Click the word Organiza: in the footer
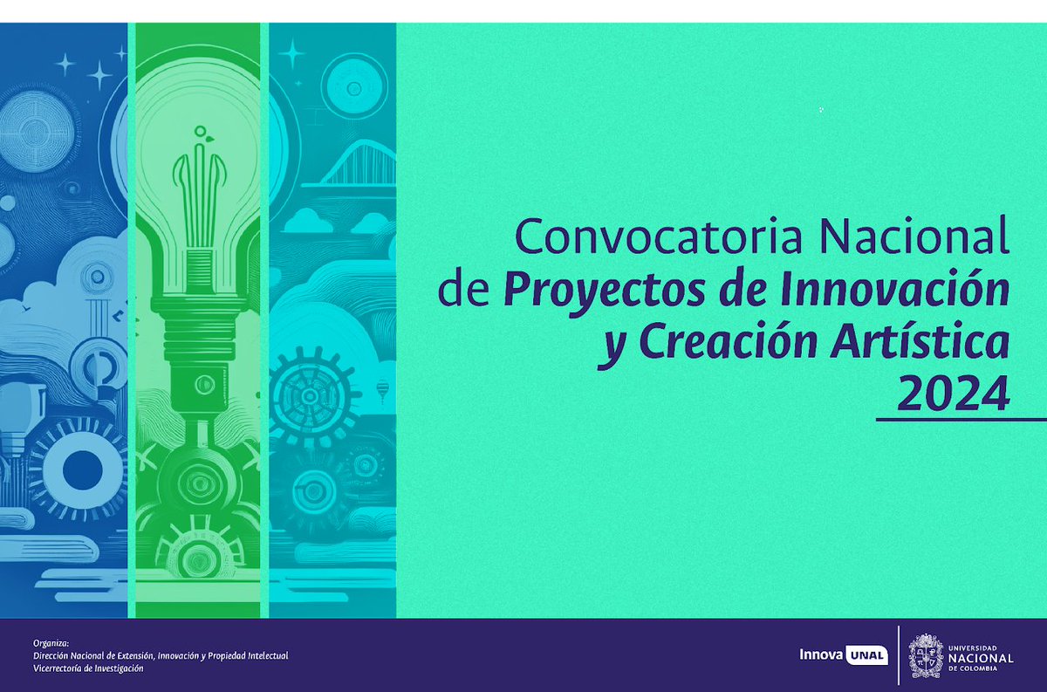pos(50,641)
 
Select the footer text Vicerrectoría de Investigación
pos(88,668)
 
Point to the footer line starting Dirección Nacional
pos(161,655)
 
